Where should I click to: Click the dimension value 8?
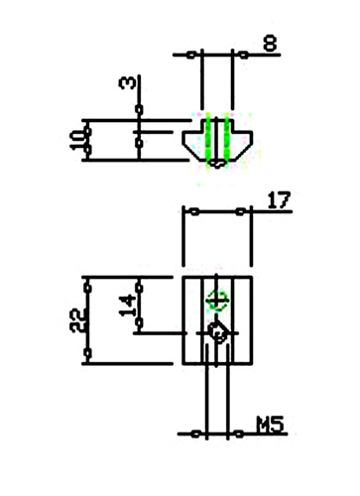coord(270,44)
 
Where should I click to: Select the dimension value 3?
coord(127,82)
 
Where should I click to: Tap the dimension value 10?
coord(77,140)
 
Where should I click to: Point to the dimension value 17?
coord(279,200)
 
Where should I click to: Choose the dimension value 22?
coord(77,320)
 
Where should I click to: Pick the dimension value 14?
coord(127,306)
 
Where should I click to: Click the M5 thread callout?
coord(271,425)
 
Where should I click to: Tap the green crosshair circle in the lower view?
coord(217,301)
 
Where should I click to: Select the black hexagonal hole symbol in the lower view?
coord(217,332)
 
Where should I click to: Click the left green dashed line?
coord(208,139)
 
